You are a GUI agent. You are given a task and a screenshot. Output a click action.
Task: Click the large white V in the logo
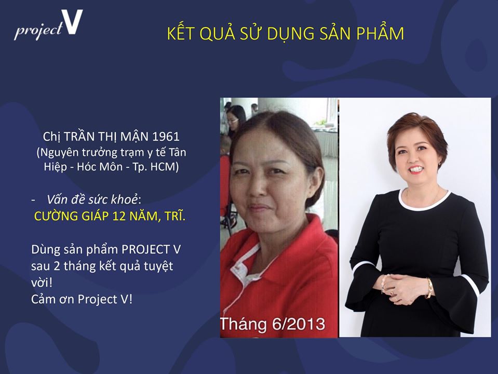click(x=72, y=22)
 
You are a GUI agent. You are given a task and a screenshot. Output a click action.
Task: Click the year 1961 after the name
click(x=166, y=137)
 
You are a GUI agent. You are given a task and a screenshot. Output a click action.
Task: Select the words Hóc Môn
click(x=99, y=167)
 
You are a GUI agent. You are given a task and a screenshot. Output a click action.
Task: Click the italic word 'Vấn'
click(x=57, y=199)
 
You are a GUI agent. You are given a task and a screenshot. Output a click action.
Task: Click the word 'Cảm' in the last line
click(x=42, y=299)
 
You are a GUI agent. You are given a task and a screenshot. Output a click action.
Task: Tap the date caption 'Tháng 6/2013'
click(x=273, y=324)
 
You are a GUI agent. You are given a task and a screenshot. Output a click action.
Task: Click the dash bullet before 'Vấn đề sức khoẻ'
click(x=34, y=201)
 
